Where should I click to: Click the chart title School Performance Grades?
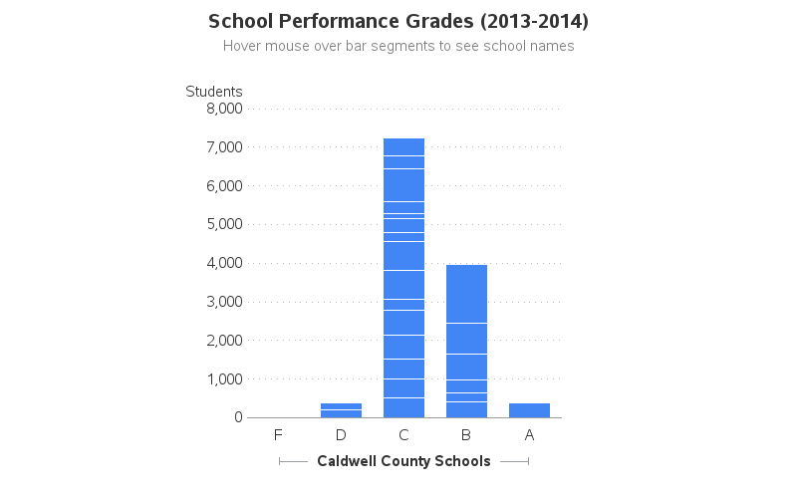click(x=398, y=21)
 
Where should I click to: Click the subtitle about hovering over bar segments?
click(x=398, y=46)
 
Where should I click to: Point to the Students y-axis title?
click(x=213, y=92)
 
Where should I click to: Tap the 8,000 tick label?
click(x=224, y=109)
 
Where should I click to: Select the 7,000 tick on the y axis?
click(x=224, y=147)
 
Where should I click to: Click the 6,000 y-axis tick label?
click(x=224, y=186)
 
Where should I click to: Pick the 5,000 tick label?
click(x=224, y=224)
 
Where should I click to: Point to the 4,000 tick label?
click(x=224, y=263)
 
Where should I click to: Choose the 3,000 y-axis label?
click(x=224, y=302)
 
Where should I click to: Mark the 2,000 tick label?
click(x=224, y=341)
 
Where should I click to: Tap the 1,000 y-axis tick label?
click(x=224, y=379)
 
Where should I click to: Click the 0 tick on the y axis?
click(x=238, y=417)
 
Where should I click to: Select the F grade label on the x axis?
click(x=278, y=435)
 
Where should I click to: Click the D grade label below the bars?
click(x=341, y=435)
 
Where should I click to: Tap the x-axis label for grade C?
click(x=403, y=435)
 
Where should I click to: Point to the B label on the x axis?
click(x=466, y=435)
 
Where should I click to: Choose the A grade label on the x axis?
click(x=529, y=435)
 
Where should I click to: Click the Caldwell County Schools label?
click(x=403, y=461)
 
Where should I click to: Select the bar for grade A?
click(x=529, y=410)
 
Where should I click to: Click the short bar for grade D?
click(x=341, y=410)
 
